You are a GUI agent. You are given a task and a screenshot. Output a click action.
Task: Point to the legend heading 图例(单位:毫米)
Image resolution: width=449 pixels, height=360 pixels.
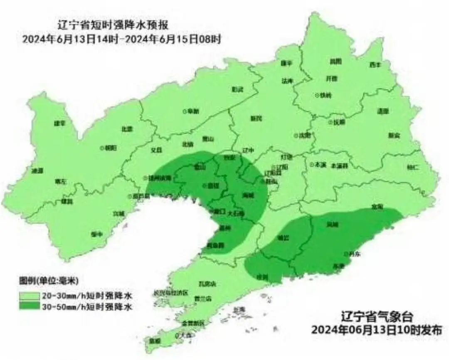point(49,279)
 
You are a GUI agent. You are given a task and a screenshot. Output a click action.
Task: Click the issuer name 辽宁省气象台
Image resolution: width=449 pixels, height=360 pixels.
point(377,317)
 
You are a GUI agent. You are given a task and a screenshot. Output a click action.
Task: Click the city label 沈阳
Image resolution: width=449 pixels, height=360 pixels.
point(305,135)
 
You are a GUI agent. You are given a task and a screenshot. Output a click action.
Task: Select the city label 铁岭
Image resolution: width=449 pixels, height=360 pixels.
point(326,95)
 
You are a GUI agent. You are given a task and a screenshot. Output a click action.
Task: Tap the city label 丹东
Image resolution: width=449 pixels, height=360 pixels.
point(355,254)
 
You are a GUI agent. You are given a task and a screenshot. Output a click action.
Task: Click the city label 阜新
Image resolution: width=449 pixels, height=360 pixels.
point(193,111)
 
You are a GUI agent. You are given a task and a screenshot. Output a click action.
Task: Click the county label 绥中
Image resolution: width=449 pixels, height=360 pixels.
point(97,234)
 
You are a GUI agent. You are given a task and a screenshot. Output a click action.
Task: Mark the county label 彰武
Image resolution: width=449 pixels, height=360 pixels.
point(237,89)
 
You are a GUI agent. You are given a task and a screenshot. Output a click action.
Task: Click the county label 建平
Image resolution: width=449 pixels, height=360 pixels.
point(60,123)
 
